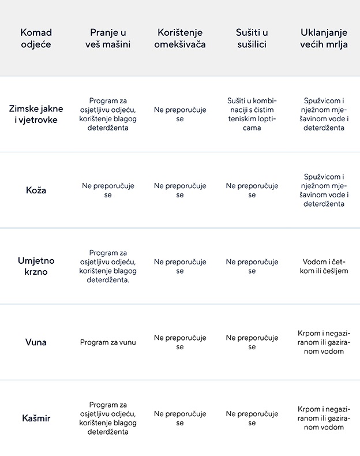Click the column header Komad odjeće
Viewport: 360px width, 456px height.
[36, 38]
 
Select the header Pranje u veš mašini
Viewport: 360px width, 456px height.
[108, 38]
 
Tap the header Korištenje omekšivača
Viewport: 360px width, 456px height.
[180, 38]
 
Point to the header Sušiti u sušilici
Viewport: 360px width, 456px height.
[252, 38]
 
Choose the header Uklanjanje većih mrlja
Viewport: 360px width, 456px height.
[324, 38]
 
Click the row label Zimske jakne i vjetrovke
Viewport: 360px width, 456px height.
[36, 114]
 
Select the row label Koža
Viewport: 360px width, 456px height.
[36, 190]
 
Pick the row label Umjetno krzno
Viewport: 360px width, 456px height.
[36, 266]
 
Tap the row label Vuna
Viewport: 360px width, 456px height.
[36, 342]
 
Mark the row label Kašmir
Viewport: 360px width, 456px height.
[36, 418]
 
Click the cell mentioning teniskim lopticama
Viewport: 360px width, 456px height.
[252, 114]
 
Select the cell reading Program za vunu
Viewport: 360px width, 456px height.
[108, 342]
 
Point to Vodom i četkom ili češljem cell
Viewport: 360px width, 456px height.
[324, 266]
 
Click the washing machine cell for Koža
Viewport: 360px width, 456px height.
[108, 190]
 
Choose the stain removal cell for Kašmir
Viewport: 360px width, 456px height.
[324, 418]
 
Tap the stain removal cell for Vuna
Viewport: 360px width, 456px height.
[324, 342]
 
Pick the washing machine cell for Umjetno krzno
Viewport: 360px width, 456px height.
[108, 266]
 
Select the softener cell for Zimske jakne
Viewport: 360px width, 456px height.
[180, 114]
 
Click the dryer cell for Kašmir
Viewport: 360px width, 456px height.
[252, 418]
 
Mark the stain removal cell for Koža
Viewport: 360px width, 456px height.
[324, 190]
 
